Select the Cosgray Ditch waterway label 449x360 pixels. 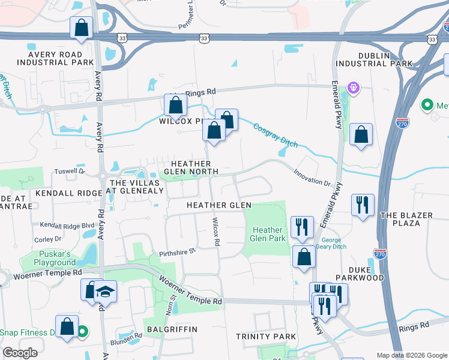coord(276,135)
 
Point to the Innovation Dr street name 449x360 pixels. coord(312,178)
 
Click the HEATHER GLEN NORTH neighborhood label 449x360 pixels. coord(191,168)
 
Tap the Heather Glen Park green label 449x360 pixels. coord(268,234)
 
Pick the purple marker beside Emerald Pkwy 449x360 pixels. coord(354,89)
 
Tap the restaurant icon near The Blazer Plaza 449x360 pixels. coord(363,205)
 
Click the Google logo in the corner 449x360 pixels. coord(20,352)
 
